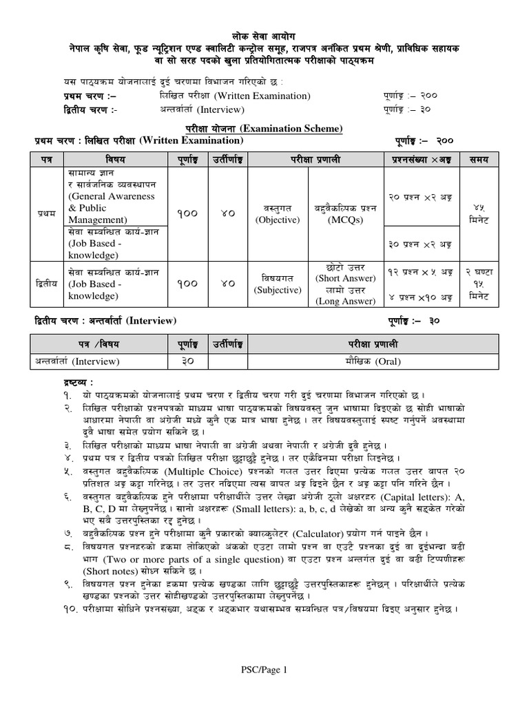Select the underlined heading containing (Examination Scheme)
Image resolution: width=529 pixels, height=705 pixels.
tap(264, 129)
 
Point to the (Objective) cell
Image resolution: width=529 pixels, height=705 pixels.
tap(277, 220)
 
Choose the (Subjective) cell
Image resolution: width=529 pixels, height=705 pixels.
tap(277, 290)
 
